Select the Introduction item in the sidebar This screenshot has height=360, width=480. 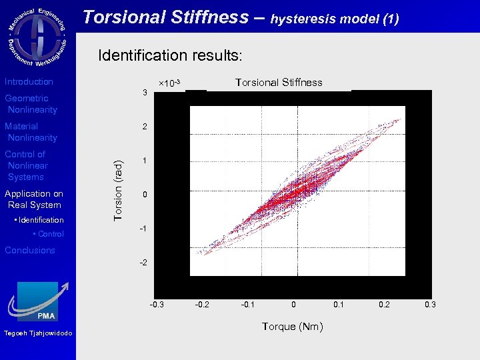click(x=29, y=82)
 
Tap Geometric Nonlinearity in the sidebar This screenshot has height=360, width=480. click(x=31, y=104)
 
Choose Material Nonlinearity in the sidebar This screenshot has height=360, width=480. click(x=31, y=132)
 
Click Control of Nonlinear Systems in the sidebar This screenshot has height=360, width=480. click(x=27, y=165)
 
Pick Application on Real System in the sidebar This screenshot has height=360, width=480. click(x=33, y=199)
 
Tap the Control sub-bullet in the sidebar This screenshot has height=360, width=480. click(x=51, y=234)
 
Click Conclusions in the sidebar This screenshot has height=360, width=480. click(x=30, y=251)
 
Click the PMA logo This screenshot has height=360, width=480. click(x=38, y=302)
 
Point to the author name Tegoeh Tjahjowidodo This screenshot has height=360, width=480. click(x=37, y=334)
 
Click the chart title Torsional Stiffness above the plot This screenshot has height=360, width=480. click(x=279, y=83)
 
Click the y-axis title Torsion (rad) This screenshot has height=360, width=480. click(x=118, y=190)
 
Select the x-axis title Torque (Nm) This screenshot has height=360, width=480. click(x=293, y=327)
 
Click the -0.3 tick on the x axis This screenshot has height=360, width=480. click(x=157, y=305)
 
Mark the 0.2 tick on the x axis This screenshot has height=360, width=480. click(x=385, y=305)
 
